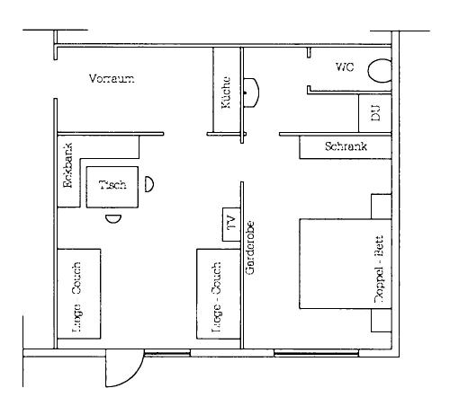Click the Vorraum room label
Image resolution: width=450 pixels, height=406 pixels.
[x=112, y=79]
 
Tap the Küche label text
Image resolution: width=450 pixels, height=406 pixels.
[x=226, y=92]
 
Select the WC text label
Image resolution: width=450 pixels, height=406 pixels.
[x=346, y=67]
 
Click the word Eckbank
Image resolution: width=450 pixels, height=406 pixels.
[x=68, y=172]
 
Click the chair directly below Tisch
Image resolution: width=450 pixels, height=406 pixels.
[x=112, y=217]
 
